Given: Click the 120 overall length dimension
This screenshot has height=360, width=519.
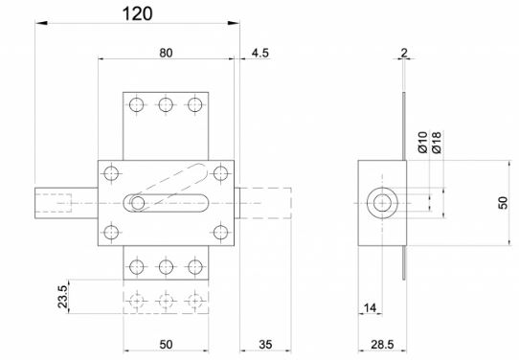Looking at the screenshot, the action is (137, 14).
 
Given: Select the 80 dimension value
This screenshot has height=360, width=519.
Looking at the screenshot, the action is (166, 53).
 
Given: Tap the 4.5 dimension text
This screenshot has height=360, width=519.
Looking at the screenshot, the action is (260, 53).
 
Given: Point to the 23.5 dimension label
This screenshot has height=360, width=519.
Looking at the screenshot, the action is (62, 297).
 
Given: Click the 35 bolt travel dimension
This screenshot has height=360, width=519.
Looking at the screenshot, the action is (265, 345).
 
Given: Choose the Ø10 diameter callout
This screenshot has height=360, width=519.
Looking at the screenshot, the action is (422, 143).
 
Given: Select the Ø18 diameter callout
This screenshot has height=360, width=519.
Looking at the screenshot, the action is (437, 143).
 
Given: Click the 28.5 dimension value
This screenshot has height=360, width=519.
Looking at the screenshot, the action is (382, 345).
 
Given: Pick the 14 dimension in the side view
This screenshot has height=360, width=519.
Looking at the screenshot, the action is (370, 308).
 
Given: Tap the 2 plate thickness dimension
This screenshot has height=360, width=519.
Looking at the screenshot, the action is (404, 53).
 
